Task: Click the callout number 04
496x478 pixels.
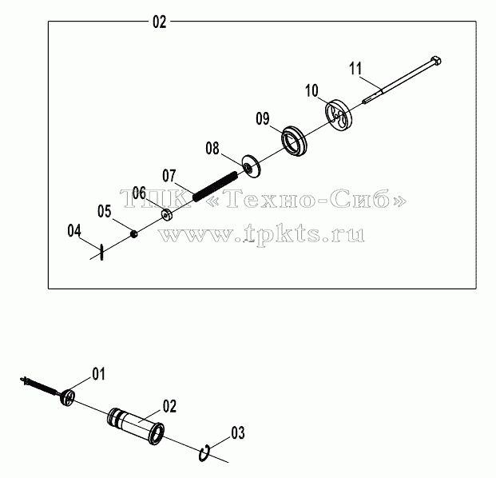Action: click(74, 231)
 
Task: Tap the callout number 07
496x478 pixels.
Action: click(169, 176)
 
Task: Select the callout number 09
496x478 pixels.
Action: click(263, 119)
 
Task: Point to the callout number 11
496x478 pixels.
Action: click(355, 69)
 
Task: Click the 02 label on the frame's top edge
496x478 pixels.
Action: click(160, 22)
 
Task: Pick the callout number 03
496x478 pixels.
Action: click(238, 433)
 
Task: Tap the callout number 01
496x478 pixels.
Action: click(99, 374)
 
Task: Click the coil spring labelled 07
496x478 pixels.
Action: click(215, 186)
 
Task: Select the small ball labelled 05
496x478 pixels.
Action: click(134, 234)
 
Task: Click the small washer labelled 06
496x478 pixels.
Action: click(167, 215)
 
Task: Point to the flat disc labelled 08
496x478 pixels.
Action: click(252, 166)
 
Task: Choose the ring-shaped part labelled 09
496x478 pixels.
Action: click(295, 141)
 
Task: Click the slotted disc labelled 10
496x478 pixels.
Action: click(339, 115)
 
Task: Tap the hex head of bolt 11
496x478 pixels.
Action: click(436, 60)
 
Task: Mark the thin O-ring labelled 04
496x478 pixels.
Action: click(101, 252)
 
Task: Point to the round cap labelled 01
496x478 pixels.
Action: click(67, 397)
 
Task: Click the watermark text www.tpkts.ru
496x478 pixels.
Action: click(261, 235)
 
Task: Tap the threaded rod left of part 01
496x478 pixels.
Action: click(40, 385)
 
